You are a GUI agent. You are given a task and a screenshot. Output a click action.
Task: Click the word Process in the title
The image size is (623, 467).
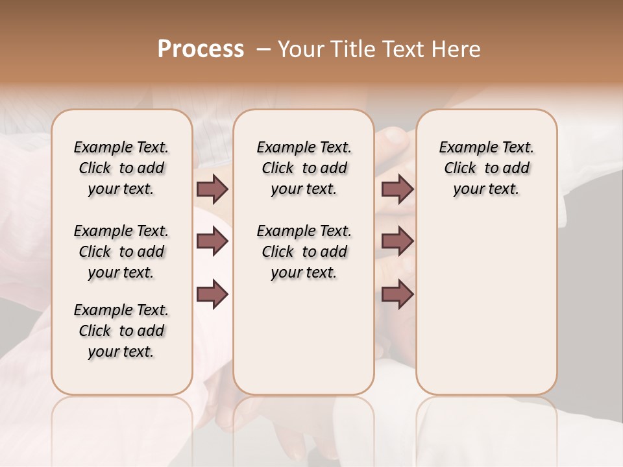pos(201,49)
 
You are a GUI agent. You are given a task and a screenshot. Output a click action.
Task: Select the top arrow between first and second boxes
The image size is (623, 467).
pos(212,189)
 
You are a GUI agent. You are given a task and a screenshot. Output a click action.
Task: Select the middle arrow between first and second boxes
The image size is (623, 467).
pos(212,242)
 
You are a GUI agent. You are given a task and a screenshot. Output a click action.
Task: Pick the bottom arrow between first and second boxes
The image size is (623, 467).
pos(212,294)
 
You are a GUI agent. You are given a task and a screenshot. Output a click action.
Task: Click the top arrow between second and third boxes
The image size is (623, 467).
pos(397,189)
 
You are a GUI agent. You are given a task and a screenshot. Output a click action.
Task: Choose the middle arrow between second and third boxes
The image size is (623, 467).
pos(397,242)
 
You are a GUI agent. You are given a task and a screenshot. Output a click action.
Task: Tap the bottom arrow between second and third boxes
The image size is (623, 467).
pos(397,294)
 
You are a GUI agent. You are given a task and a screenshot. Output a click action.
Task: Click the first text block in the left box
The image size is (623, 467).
pos(121,168)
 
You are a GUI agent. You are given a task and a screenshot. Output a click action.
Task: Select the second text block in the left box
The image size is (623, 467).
pos(121,252)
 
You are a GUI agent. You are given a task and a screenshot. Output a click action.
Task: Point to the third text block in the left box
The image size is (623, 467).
pos(121,331)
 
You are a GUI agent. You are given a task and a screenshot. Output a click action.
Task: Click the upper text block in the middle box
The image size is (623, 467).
pos(304,168)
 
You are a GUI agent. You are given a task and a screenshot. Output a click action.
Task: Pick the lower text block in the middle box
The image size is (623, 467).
pos(304,252)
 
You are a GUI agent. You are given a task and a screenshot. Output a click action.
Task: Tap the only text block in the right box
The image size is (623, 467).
pos(486,168)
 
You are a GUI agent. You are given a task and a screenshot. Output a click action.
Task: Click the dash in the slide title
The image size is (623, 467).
pos(263,49)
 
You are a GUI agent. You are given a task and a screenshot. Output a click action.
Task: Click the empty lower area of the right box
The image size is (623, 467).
pos(486,305)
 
